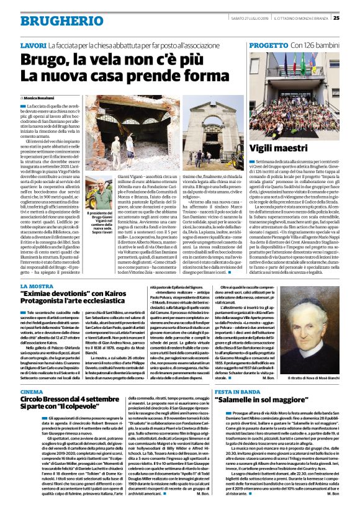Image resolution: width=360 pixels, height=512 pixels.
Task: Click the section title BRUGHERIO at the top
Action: [x=53, y=21]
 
